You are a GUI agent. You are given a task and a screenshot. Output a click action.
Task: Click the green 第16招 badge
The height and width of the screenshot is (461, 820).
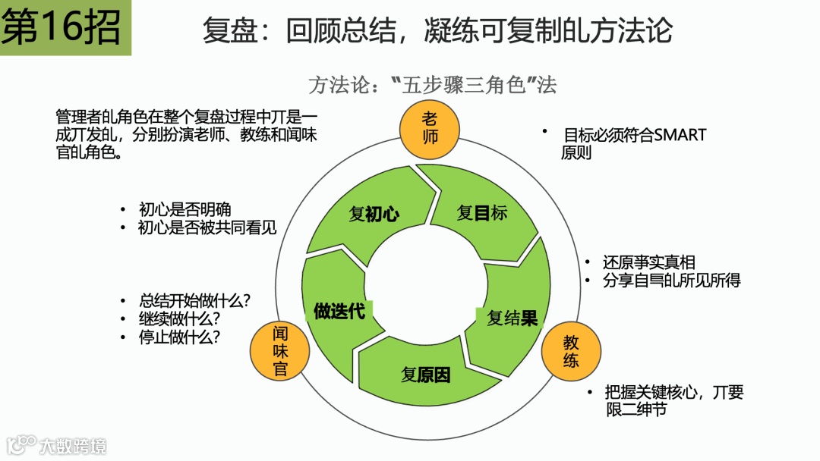(x=65, y=28)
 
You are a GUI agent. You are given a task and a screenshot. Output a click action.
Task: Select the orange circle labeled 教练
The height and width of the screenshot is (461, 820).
(x=571, y=351)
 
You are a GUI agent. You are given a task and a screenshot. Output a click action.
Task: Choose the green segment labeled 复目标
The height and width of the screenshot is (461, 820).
(x=481, y=212)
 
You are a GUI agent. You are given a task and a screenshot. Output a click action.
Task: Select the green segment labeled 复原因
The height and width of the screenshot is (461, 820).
(x=425, y=374)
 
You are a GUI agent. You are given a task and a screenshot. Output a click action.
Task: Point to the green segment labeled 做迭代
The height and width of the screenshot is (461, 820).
(x=339, y=311)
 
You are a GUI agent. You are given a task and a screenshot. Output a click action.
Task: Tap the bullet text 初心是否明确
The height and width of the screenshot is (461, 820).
(x=184, y=210)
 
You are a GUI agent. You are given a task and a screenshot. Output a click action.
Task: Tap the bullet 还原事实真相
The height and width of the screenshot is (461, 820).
(x=649, y=262)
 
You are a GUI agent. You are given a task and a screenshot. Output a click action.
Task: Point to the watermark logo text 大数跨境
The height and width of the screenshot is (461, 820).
(x=73, y=446)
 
